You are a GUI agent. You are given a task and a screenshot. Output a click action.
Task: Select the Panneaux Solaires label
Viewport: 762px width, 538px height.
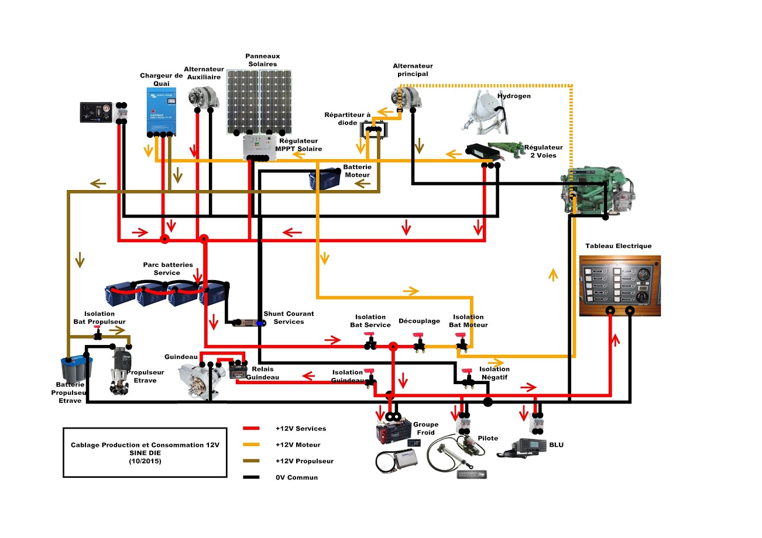tap(262, 60)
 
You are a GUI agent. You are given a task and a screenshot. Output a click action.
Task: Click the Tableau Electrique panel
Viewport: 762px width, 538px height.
tap(619, 286)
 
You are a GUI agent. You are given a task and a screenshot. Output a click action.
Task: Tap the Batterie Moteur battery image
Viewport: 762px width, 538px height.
tap(325, 178)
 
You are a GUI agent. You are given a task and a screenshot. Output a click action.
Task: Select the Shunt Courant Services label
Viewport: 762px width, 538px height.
tap(284, 318)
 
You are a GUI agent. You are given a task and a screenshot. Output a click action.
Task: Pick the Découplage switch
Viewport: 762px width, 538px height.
tap(419, 342)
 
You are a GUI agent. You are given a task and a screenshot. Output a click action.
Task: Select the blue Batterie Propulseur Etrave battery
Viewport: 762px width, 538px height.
tap(77, 369)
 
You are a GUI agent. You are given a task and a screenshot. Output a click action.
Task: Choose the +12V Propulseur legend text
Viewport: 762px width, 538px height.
tap(304, 461)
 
